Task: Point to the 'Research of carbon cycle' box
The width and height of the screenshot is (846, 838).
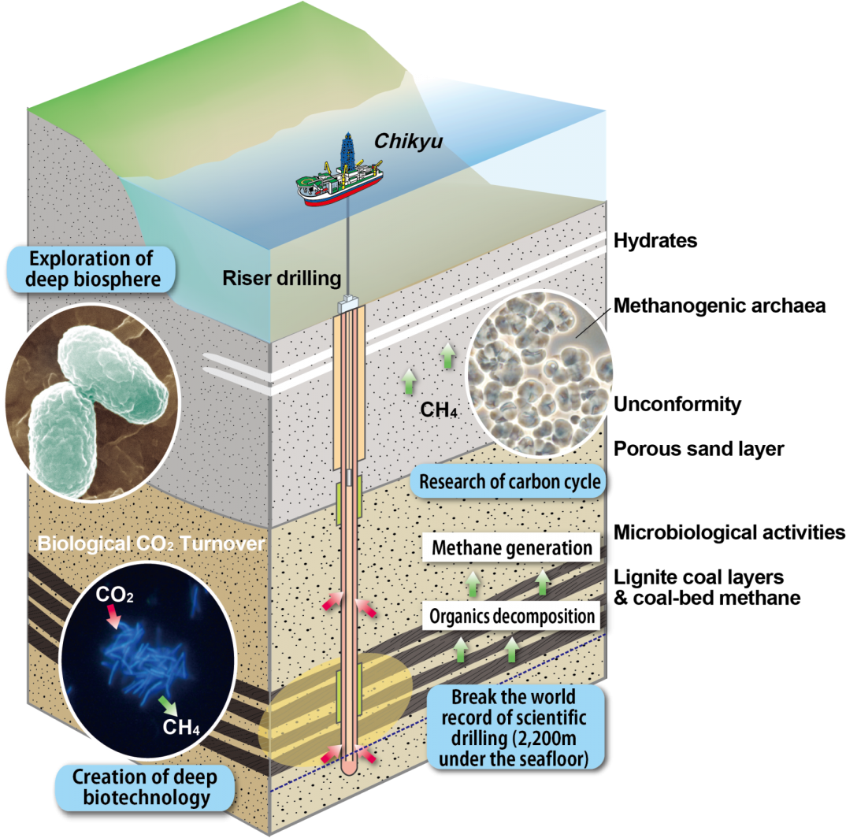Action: pos(510,481)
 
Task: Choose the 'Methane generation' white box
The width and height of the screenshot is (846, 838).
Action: pos(511,548)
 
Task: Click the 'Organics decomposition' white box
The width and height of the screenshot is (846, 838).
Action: pos(511,615)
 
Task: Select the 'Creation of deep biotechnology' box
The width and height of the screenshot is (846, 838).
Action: pos(144,786)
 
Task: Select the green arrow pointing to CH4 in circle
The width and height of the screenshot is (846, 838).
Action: pos(167,703)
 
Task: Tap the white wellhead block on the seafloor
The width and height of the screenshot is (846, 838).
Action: pos(347,303)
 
